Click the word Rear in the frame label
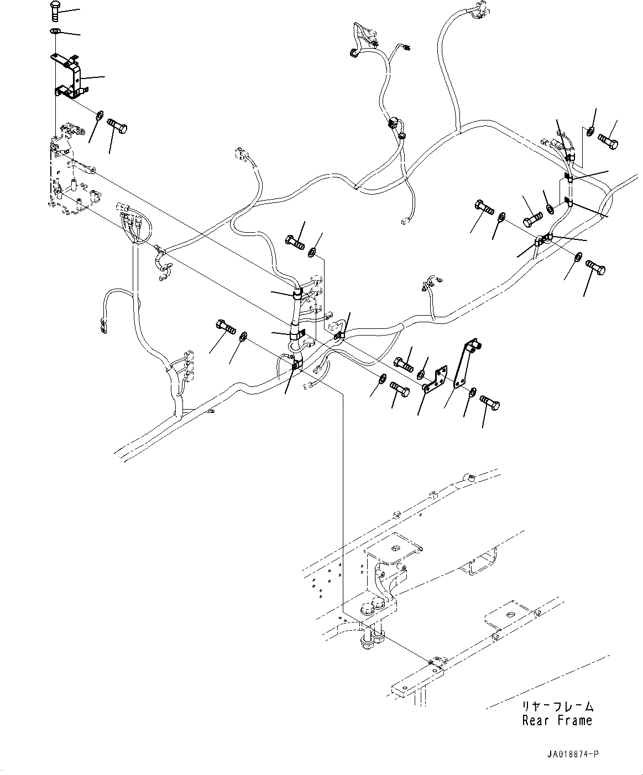[x=535, y=721]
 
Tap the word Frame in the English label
[x=574, y=721]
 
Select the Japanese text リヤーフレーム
[x=557, y=707]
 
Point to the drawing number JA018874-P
[x=573, y=753]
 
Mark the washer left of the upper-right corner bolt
[x=590, y=132]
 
